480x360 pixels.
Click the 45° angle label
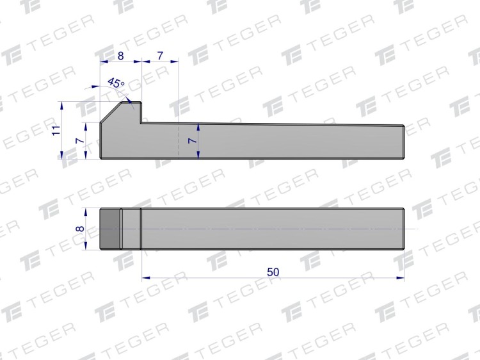[116, 83]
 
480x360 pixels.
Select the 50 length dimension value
[273, 272]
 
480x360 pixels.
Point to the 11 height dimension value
[56, 131]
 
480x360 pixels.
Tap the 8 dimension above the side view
[120, 56]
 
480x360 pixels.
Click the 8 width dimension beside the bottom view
[80, 229]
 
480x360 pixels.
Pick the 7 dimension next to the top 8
[160, 56]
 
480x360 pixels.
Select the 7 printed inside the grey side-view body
[192, 140]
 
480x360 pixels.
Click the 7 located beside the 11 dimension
[80, 141]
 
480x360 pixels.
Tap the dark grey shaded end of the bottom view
[110, 229]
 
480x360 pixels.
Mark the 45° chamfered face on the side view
[111, 113]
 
